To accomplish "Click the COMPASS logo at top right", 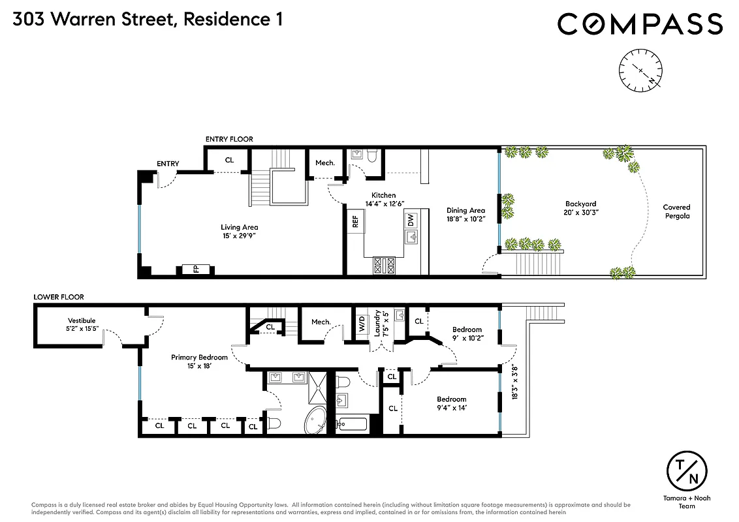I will pos(640,24).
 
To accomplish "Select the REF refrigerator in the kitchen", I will pos(355,221).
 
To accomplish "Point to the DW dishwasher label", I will pos(411,220).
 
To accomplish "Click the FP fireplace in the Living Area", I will pos(195,269).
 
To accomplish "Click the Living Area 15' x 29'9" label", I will pos(240,232).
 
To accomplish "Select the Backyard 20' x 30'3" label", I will pos(580,208).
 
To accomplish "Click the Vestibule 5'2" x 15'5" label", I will pos(82,325).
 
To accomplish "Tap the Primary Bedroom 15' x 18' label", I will pos(199,361).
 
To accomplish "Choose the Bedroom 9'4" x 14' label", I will pos(452,403).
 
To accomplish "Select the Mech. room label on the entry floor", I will pos(324,162).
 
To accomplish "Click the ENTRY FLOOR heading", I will pos(228,139).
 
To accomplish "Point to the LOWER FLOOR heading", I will pos(59,297).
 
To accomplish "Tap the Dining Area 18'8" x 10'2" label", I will pos(465,215).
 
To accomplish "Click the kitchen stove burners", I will pos(383,265).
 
